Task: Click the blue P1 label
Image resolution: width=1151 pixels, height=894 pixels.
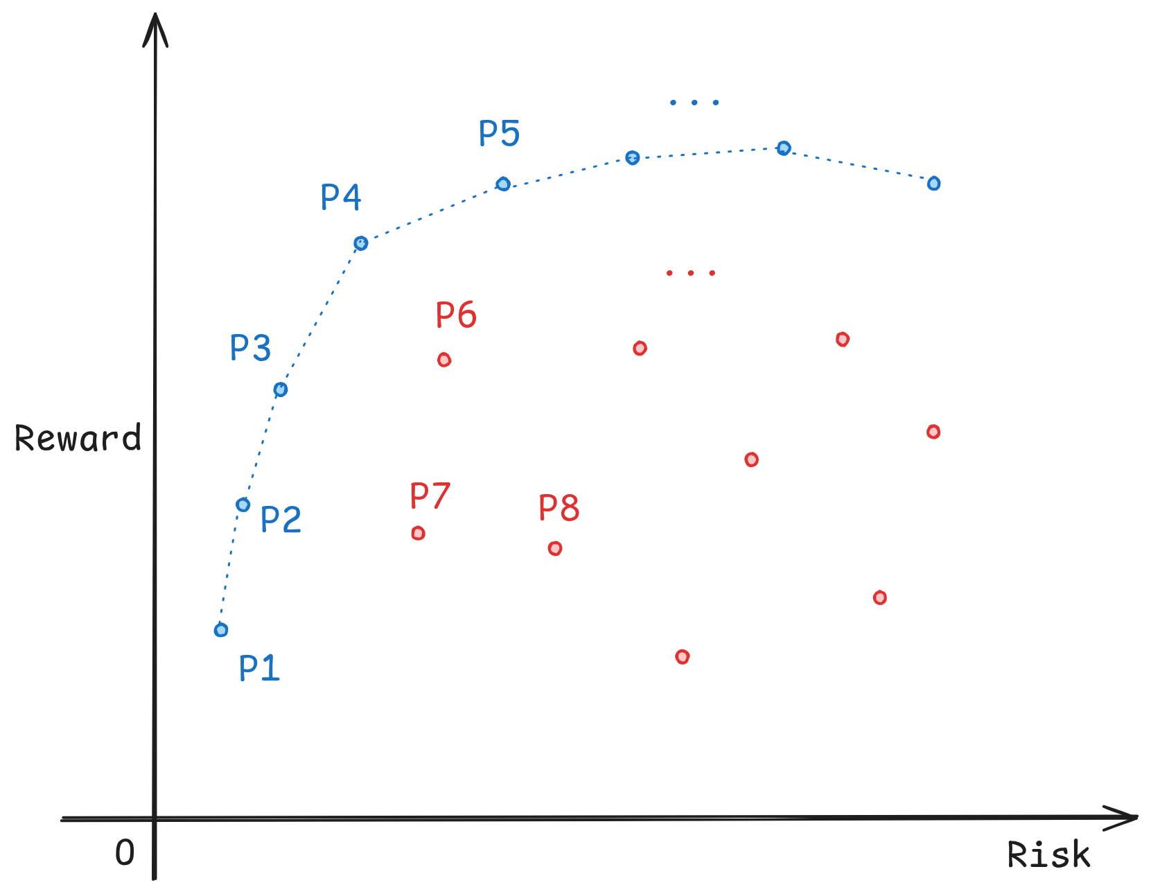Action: coord(259,668)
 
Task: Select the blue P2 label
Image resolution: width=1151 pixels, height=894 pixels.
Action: coord(281,519)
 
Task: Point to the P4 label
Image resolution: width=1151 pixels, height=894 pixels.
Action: coord(340,198)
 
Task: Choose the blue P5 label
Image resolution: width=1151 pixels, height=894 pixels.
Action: coord(499,133)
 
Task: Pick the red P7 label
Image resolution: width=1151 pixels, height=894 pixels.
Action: coord(430,496)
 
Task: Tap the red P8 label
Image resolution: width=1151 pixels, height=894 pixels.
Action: coord(559,508)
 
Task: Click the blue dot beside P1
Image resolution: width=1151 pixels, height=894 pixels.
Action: coord(221,629)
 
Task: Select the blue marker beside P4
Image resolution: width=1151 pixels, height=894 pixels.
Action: coord(361,243)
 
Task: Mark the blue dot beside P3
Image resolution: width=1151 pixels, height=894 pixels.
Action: coord(280,389)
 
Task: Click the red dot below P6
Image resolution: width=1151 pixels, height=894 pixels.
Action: coord(444,360)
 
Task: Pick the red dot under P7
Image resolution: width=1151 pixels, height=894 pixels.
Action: coord(418,533)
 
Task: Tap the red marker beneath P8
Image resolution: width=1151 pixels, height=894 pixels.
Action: coord(555,548)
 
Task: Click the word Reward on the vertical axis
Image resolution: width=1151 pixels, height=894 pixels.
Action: coord(78,439)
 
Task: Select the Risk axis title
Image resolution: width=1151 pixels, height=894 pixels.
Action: coord(1048,854)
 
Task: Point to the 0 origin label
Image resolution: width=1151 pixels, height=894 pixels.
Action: coord(125,852)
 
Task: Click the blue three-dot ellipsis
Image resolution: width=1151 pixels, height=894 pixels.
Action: coord(694,103)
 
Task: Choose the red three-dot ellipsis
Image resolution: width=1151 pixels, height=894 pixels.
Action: coord(690,273)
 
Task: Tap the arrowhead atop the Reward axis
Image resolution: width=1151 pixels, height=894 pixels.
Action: coord(155,29)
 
